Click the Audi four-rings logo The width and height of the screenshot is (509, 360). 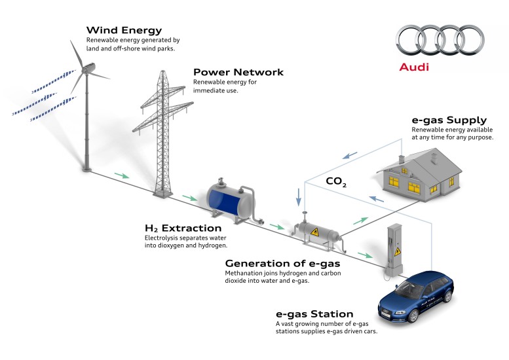(x=440, y=40)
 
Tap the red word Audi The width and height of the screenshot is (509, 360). (x=414, y=67)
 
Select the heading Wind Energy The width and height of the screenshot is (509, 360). (x=124, y=30)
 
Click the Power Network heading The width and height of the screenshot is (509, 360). (x=238, y=72)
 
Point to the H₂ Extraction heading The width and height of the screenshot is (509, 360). (x=183, y=228)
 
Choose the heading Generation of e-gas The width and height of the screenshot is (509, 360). (x=282, y=263)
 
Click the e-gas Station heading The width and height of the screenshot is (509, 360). (x=314, y=314)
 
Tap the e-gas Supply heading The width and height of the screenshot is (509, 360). (x=449, y=120)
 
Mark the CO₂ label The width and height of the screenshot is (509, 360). (x=336, y=181)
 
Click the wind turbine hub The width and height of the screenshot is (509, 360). (x=87, y=69)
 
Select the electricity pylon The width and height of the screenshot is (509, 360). (x=163, y=133)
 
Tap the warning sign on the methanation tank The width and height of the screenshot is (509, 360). (x=314, y=232)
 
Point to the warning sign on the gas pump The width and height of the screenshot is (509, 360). (x=398, y=252)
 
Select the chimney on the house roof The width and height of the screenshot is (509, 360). (x=402, y=159)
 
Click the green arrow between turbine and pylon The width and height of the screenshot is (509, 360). (x=122, y=175)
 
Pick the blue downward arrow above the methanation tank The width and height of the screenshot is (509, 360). (x=298, y=197)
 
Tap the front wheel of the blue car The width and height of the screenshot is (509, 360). (x=413, y=315)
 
